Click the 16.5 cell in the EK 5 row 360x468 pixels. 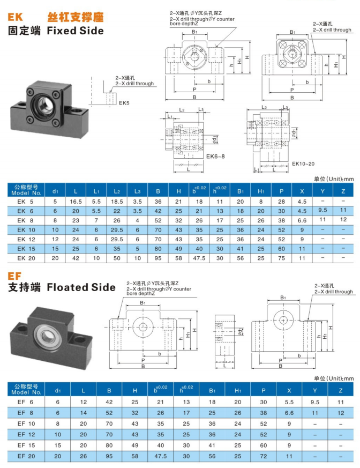(76, 201)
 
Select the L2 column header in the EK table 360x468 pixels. (117, 191)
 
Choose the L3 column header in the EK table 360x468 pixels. (137, 191)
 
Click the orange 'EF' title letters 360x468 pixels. (14, 276)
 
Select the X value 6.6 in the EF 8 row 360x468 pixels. (288, 413)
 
